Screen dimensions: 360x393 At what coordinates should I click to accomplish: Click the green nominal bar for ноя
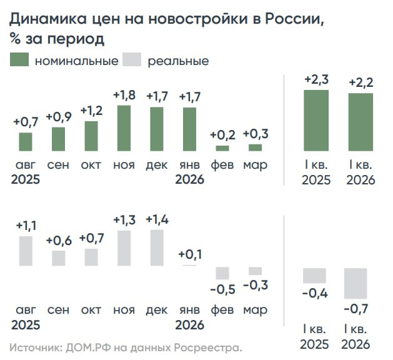[x=124, y=128]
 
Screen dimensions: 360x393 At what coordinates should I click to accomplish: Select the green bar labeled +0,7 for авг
[x=26, y=142]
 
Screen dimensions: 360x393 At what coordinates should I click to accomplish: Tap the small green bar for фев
[x=222, y=148]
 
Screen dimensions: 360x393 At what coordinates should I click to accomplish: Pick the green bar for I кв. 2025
[x=316, y=121]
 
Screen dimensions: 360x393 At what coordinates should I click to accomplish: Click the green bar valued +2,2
[x=361, y=122]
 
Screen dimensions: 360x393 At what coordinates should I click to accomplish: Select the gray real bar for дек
[x=157, y=248]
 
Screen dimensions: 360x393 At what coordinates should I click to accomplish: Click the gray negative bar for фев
[x=222, y=273]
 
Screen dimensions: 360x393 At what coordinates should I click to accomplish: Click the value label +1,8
[x=124, y=96]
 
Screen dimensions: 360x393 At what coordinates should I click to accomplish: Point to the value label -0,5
[x=222, y=289]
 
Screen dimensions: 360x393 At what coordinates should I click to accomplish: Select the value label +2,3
[x=316, y=80]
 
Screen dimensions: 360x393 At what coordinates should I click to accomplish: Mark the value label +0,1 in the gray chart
[x=189, y=254]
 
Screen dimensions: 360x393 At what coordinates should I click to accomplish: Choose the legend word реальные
[x=178, y=61]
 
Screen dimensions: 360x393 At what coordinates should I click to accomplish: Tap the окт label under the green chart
[x=91, y=165]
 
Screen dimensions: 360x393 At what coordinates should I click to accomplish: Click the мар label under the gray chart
[x=255, y=310]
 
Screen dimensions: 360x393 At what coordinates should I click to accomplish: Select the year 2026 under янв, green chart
[x=189, y=180]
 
